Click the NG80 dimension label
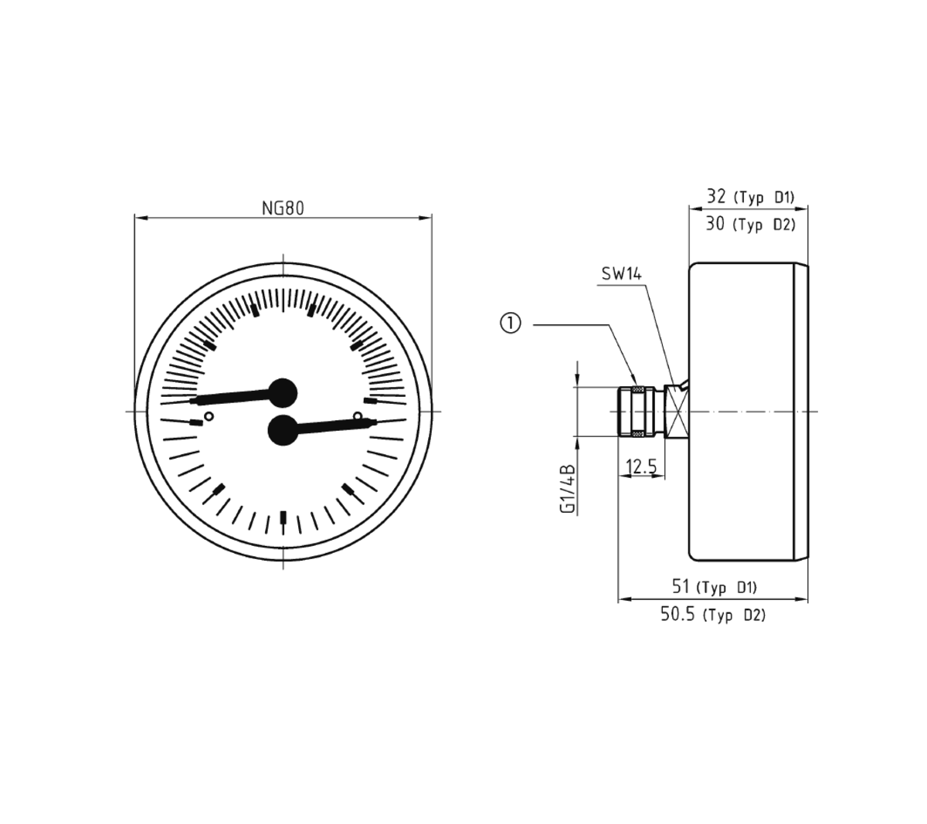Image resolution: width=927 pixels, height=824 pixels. coord(283,208)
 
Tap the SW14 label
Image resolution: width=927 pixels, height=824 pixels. coord(621,273)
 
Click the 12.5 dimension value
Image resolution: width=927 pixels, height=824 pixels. coord(641,466)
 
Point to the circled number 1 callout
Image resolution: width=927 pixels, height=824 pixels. coord(511,324)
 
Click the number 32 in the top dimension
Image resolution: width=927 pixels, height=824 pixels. coord(716,196)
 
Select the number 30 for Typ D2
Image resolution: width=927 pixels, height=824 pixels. coord(715,224)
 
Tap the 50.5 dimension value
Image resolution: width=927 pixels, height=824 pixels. coord(678,615)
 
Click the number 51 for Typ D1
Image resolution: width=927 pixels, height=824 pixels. coord(681,586)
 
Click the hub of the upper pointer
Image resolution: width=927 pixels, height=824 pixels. coord(282,393)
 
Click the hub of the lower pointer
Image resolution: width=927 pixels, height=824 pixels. coord(283,430)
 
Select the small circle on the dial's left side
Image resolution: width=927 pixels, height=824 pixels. coord(208,418)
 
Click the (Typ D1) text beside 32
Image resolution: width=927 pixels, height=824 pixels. coord(766,198)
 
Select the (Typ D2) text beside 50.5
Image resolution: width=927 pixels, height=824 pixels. coord(734,615)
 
